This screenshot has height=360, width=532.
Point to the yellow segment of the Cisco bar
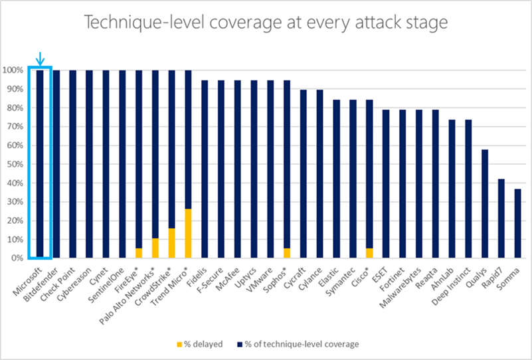tap(369, 253)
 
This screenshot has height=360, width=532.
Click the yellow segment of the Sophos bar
tap(287, 253)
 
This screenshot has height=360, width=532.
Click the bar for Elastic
tap(336, 179)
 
